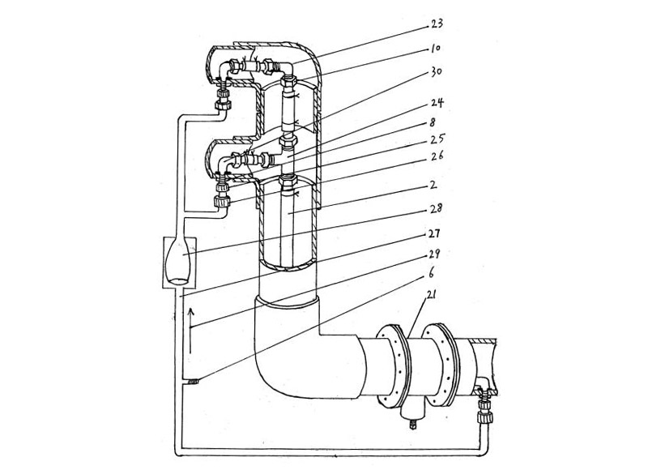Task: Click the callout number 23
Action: point(437,24)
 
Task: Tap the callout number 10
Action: point(435,49)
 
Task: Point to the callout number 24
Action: point(437,102)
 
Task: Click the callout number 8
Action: point(433,123)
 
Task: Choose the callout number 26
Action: point(436,156)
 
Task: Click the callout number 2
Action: point(433,185)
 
